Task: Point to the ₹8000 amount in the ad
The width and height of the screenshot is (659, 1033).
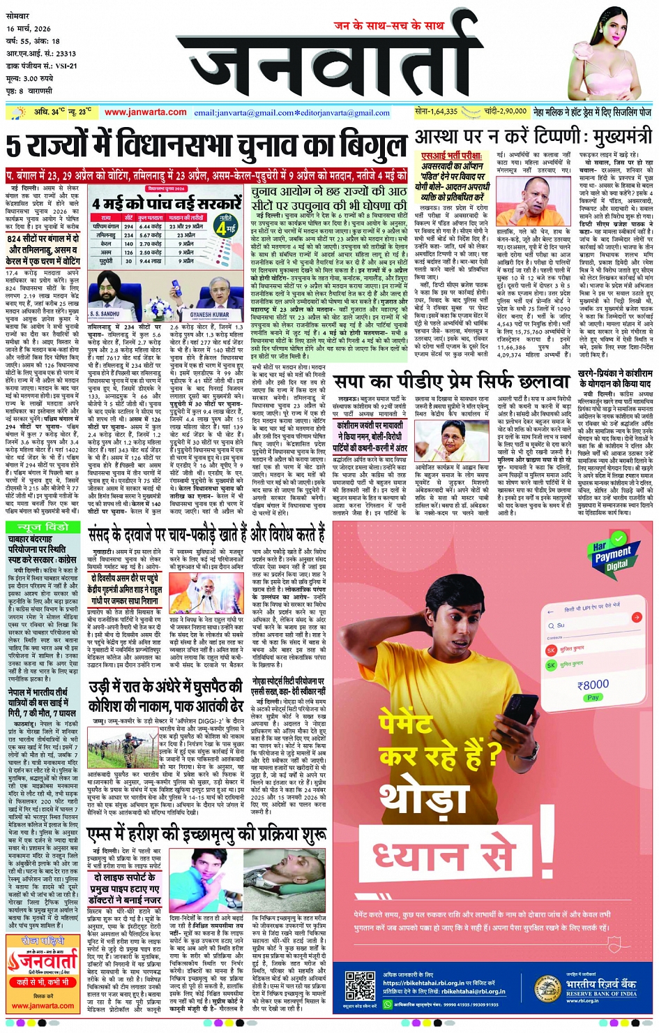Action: click(x=593, y=685)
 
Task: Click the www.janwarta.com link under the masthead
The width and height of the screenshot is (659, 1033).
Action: click(x=145, y=112)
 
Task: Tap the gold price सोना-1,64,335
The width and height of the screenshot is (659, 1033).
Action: click(x=437, y=111)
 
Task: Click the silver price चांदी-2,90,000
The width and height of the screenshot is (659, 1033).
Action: click(x=506, y=111)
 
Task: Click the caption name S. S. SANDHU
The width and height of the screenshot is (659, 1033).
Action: click(x=105, y=315)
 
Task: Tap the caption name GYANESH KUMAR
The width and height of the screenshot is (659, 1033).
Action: click(x=209, y=315)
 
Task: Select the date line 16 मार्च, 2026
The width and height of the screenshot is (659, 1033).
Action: click(x=29, y=29)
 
